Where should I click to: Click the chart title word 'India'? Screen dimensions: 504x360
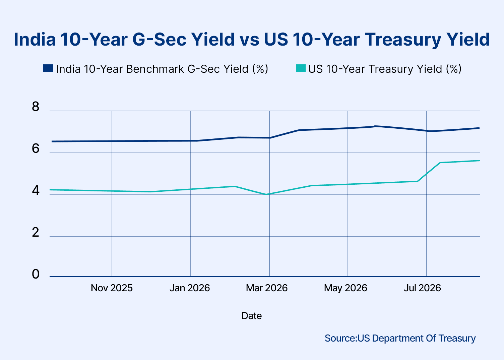coord(35,39)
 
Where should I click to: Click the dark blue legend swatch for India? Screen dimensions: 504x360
coord(48,68)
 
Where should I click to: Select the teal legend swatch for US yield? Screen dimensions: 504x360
coord(301,68)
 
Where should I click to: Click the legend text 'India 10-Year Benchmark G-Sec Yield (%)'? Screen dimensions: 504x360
coord(162,69)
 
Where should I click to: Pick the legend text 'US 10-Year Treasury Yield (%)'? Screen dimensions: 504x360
coord(385,69)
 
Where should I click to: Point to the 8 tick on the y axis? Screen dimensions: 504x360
coord(36,107)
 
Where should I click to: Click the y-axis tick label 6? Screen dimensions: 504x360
coord(36,148)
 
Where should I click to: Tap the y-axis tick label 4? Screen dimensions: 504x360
coord(36,191)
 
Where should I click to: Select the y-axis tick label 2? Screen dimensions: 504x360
coord(36,232)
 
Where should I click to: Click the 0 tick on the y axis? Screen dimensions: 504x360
coord(36,274)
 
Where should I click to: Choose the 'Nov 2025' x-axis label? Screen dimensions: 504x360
coord(112,288)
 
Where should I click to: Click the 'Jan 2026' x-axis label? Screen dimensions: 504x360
coord(190,288)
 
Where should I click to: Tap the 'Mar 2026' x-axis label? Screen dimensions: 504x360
coord(267,288)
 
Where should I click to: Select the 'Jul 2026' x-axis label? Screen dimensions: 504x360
coord(422,288)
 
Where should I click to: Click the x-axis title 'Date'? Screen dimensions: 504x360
coord(252,316)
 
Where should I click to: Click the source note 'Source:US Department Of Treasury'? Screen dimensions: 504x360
coord(400,339)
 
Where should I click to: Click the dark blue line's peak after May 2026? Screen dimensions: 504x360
coord(375,126)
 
